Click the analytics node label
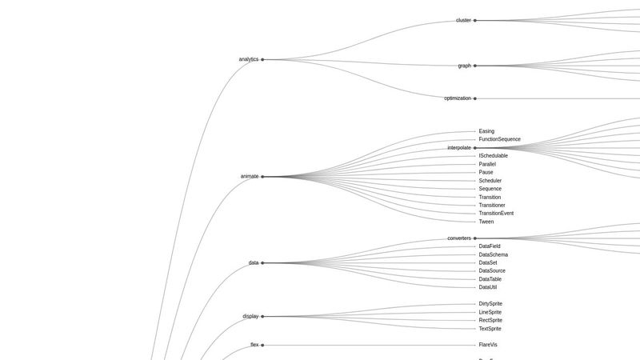[248, 59]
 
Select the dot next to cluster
[475, 20]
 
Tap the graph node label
[464, 66]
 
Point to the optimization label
[458, 98]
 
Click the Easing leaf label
[486, 131]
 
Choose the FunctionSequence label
[499, 139]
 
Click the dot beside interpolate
[475, 148]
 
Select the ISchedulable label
[493, 156]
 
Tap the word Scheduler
[490, 181]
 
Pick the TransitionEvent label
[496, 214]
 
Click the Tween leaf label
[486, 222]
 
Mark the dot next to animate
[262, 177]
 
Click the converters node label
[459, 238]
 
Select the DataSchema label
[493, 254]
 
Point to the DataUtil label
[488, 287]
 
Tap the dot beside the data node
[262, 262]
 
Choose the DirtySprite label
[490, 304]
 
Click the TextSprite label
[490, 329]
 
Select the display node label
[250, 316]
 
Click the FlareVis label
[488, 345]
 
